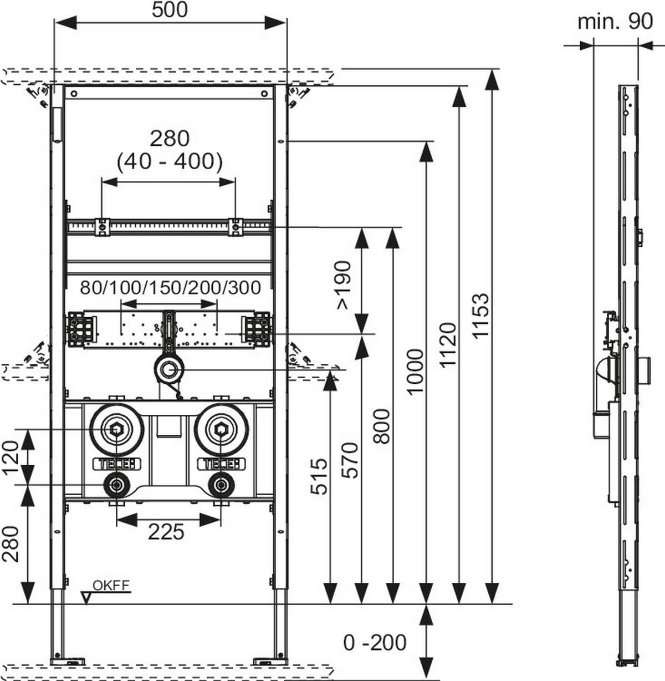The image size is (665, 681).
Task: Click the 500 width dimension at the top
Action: [x=170, y=9]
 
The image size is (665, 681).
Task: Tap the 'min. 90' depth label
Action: [x=615, y=22]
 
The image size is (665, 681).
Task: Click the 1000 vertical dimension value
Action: [x=415, y=371]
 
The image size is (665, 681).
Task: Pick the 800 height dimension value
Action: [x=381, y=426]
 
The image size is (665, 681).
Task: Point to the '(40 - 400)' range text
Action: [x=170, y=161]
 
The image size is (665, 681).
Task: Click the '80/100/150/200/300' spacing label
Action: [x=170, y=287]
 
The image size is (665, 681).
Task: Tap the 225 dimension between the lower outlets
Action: [x=166, y=532]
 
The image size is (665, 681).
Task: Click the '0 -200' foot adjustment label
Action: [x=375, y=642]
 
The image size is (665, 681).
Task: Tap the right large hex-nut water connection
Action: [x=222, y=429]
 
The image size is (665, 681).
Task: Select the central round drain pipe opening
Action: [x=169, y=370]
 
